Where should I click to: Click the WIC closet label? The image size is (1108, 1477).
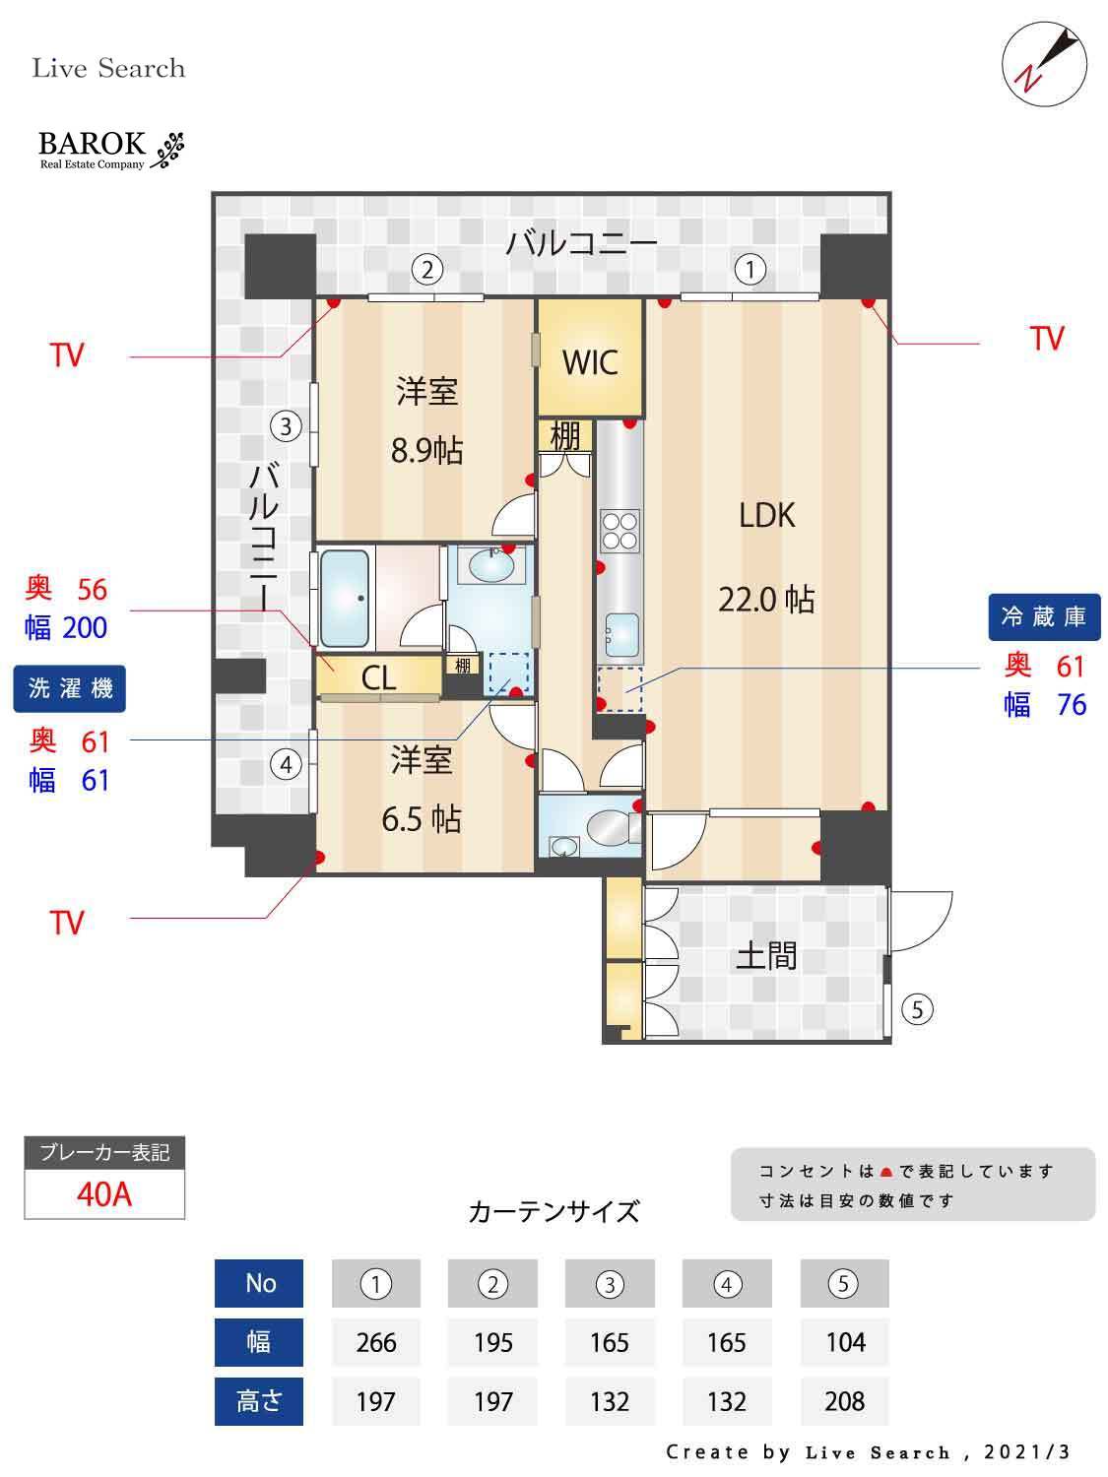click(590, 362)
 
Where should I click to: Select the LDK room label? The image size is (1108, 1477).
click(766, 515)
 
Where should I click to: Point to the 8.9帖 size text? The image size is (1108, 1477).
click(426, 451)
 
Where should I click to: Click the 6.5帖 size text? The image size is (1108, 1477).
click(422, 818)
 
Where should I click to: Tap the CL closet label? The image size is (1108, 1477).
click(378, 677)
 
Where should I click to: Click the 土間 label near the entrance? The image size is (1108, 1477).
click(766, 955)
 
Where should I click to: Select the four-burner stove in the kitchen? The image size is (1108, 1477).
click(619, 530)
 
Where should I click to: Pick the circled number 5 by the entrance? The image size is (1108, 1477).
click(917, 1008)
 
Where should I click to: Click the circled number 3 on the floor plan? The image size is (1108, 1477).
click(286, 427)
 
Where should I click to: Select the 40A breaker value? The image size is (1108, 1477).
click(104, 1194)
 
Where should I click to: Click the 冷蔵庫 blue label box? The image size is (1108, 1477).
click(1044, 617)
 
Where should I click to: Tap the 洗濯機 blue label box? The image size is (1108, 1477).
click(70, 688)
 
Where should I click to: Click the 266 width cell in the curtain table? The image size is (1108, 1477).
click(376, 1342)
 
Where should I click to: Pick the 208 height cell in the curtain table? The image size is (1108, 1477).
click(844, 1401)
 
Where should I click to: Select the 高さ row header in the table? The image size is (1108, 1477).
click(259, 1401)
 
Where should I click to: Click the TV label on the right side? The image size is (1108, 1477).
click(1047, 339)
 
